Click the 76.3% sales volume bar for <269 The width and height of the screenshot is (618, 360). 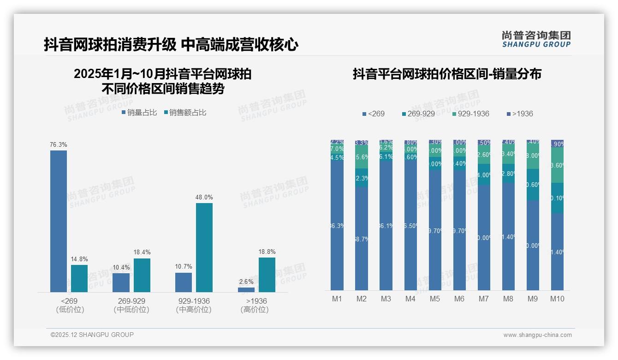[59, 221]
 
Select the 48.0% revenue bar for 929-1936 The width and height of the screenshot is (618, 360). [204, 247]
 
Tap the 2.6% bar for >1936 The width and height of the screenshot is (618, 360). [246, 290]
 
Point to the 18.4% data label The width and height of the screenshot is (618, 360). [143, 252]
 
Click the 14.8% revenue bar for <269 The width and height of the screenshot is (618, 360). [79, 278]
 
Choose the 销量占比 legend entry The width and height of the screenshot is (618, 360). [139, 112]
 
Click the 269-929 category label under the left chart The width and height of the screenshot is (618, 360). [131, 301]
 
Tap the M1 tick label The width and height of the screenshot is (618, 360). [337, 299]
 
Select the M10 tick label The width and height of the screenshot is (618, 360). [557, 299]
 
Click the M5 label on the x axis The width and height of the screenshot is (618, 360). [435, 299]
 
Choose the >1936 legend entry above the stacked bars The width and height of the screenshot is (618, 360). [520, 114]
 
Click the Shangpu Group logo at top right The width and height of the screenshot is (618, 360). [536, 39]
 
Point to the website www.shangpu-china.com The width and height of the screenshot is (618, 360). [537, 335]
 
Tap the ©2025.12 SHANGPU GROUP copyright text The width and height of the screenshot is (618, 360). [92, 335]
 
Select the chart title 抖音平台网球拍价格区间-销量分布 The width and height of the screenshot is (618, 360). [447, 74]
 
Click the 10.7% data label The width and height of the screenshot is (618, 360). [184, 267]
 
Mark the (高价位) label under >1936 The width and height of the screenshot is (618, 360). [255, 310]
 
